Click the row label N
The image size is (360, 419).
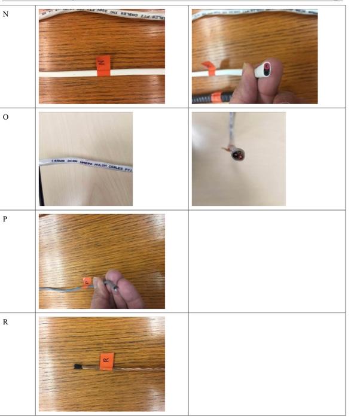coord(7,14)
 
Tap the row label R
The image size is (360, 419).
coord(7,321)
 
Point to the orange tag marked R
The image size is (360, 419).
coord(105,360)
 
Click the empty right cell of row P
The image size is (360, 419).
coord(267,261)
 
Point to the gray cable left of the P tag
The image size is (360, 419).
coord(60,288)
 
